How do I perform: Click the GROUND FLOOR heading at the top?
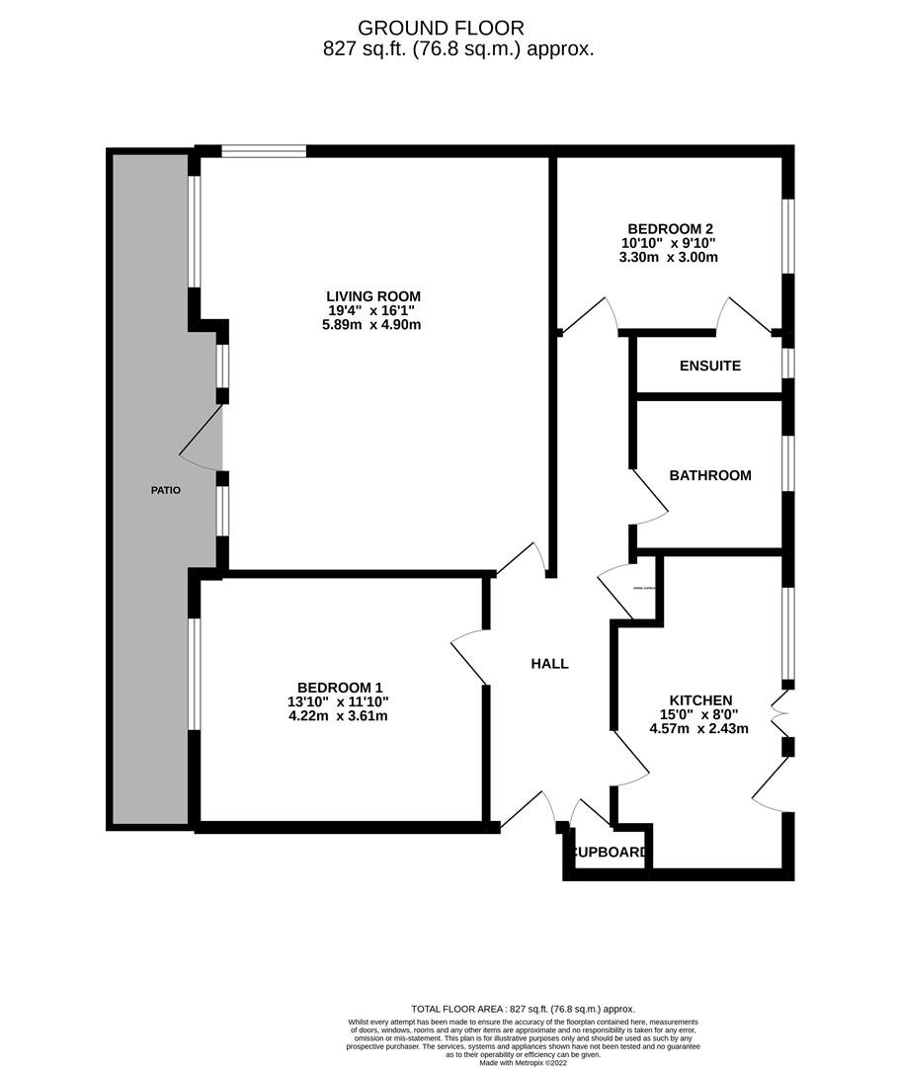tap(441, 28)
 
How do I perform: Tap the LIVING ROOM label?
tap(373, 295)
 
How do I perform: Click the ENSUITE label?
tap(709, 366)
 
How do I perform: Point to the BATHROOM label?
tap(709, 475)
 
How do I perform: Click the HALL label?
tap(549, 664)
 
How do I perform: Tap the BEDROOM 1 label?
tap(340, 688)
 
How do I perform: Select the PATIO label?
tap(165, 490)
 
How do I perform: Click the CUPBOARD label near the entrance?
tap(610, 853)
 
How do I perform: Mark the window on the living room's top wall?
tap(263, 151)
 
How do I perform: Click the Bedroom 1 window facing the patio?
tap(195, 673)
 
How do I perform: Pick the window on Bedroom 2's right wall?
tap(787, 235)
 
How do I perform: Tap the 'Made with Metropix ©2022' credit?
tap(526, 1062)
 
